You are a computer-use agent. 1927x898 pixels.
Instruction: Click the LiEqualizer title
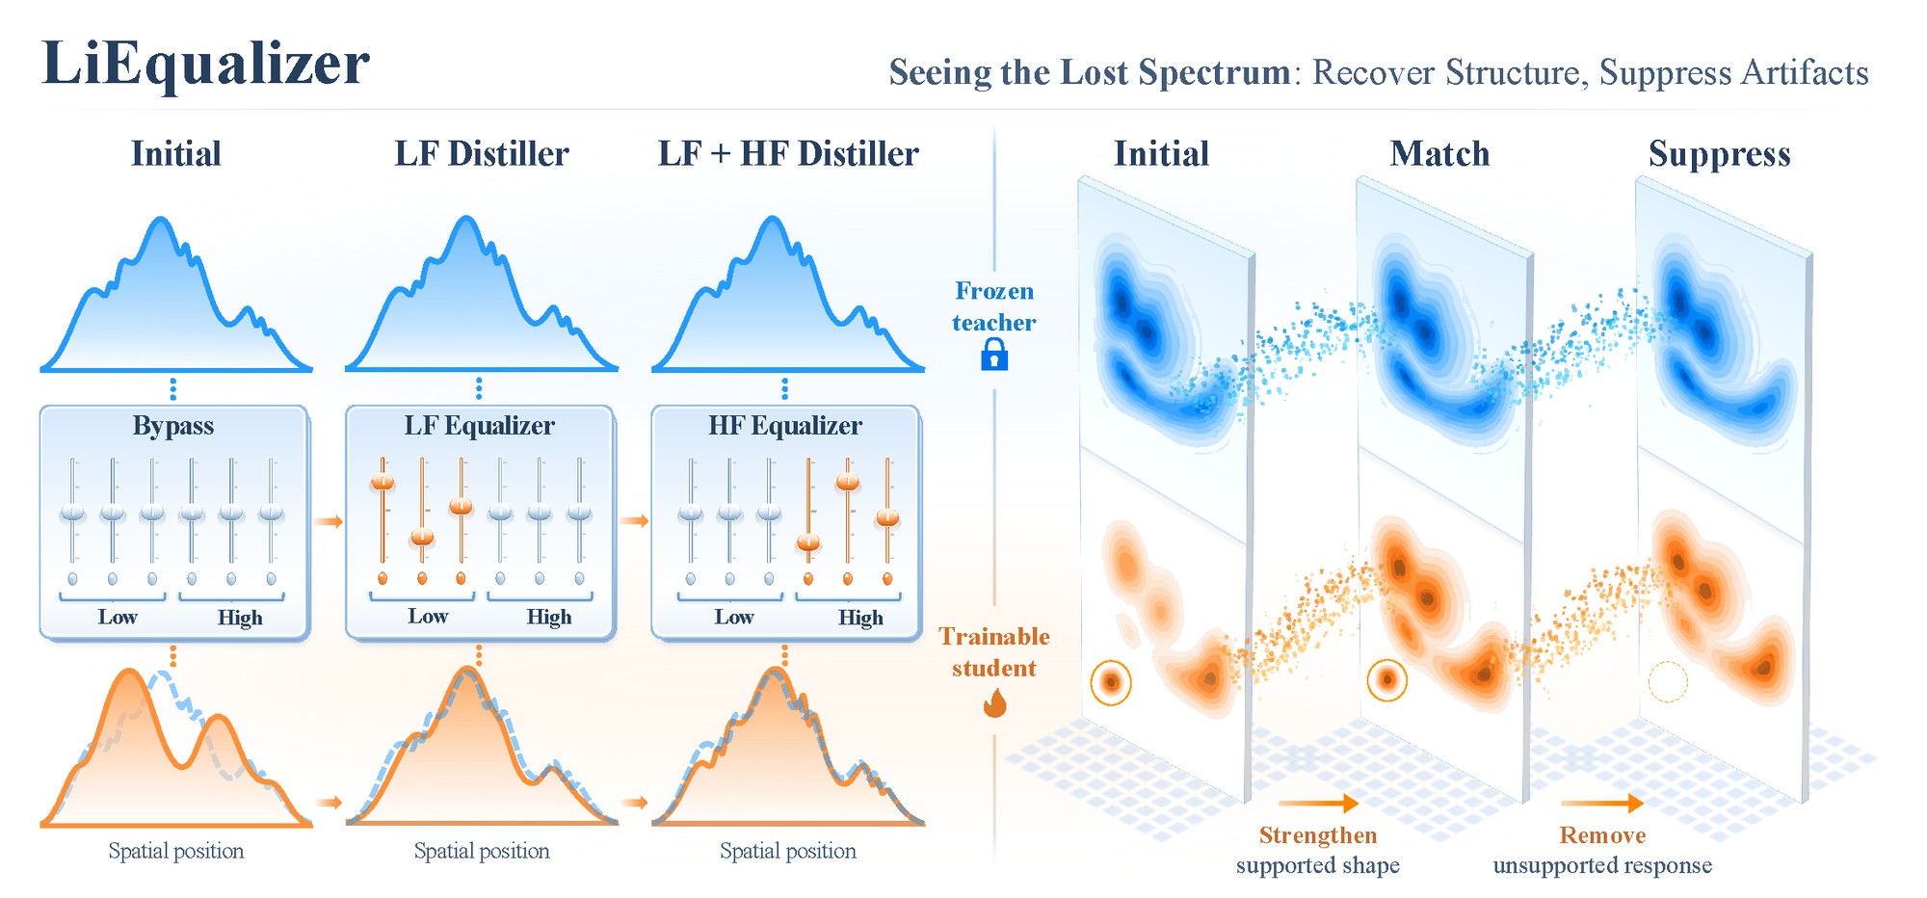(x=205, y=65)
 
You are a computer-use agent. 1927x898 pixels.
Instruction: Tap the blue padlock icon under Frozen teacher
(x=994, y=357)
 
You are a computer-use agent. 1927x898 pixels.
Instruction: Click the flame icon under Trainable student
(x=994, y=702)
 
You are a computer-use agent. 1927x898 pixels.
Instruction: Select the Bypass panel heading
(x=173, y=426)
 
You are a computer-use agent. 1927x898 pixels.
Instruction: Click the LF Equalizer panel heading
(x=479, y=426)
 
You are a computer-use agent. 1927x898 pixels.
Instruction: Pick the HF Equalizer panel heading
(x=785, y=426)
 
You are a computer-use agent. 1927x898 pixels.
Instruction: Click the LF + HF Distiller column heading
(x=788, y=154)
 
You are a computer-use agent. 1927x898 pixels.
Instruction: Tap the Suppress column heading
(x=1720, y=155)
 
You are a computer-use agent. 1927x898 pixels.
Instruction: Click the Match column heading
(x=1439, y=154)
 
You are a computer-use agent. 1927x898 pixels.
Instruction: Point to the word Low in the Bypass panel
(x=118, y=617)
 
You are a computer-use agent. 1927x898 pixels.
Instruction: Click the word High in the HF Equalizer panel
(x=860, y=618)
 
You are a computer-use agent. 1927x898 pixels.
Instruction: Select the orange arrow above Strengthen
(x=1318, y=803)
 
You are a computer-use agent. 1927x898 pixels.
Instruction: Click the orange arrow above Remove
(x=1602, y=803)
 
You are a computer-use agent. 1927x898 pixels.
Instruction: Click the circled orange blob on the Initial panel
(x=1111, y=682)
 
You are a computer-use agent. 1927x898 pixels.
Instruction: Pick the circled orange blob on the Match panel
(x=1387, y=679)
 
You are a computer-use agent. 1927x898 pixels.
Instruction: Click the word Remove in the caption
(x=1602, y=835)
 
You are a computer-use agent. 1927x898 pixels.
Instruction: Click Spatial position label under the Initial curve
(x=176, y=851)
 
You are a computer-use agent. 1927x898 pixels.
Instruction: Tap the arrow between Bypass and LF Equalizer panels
(x=329, y=521)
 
